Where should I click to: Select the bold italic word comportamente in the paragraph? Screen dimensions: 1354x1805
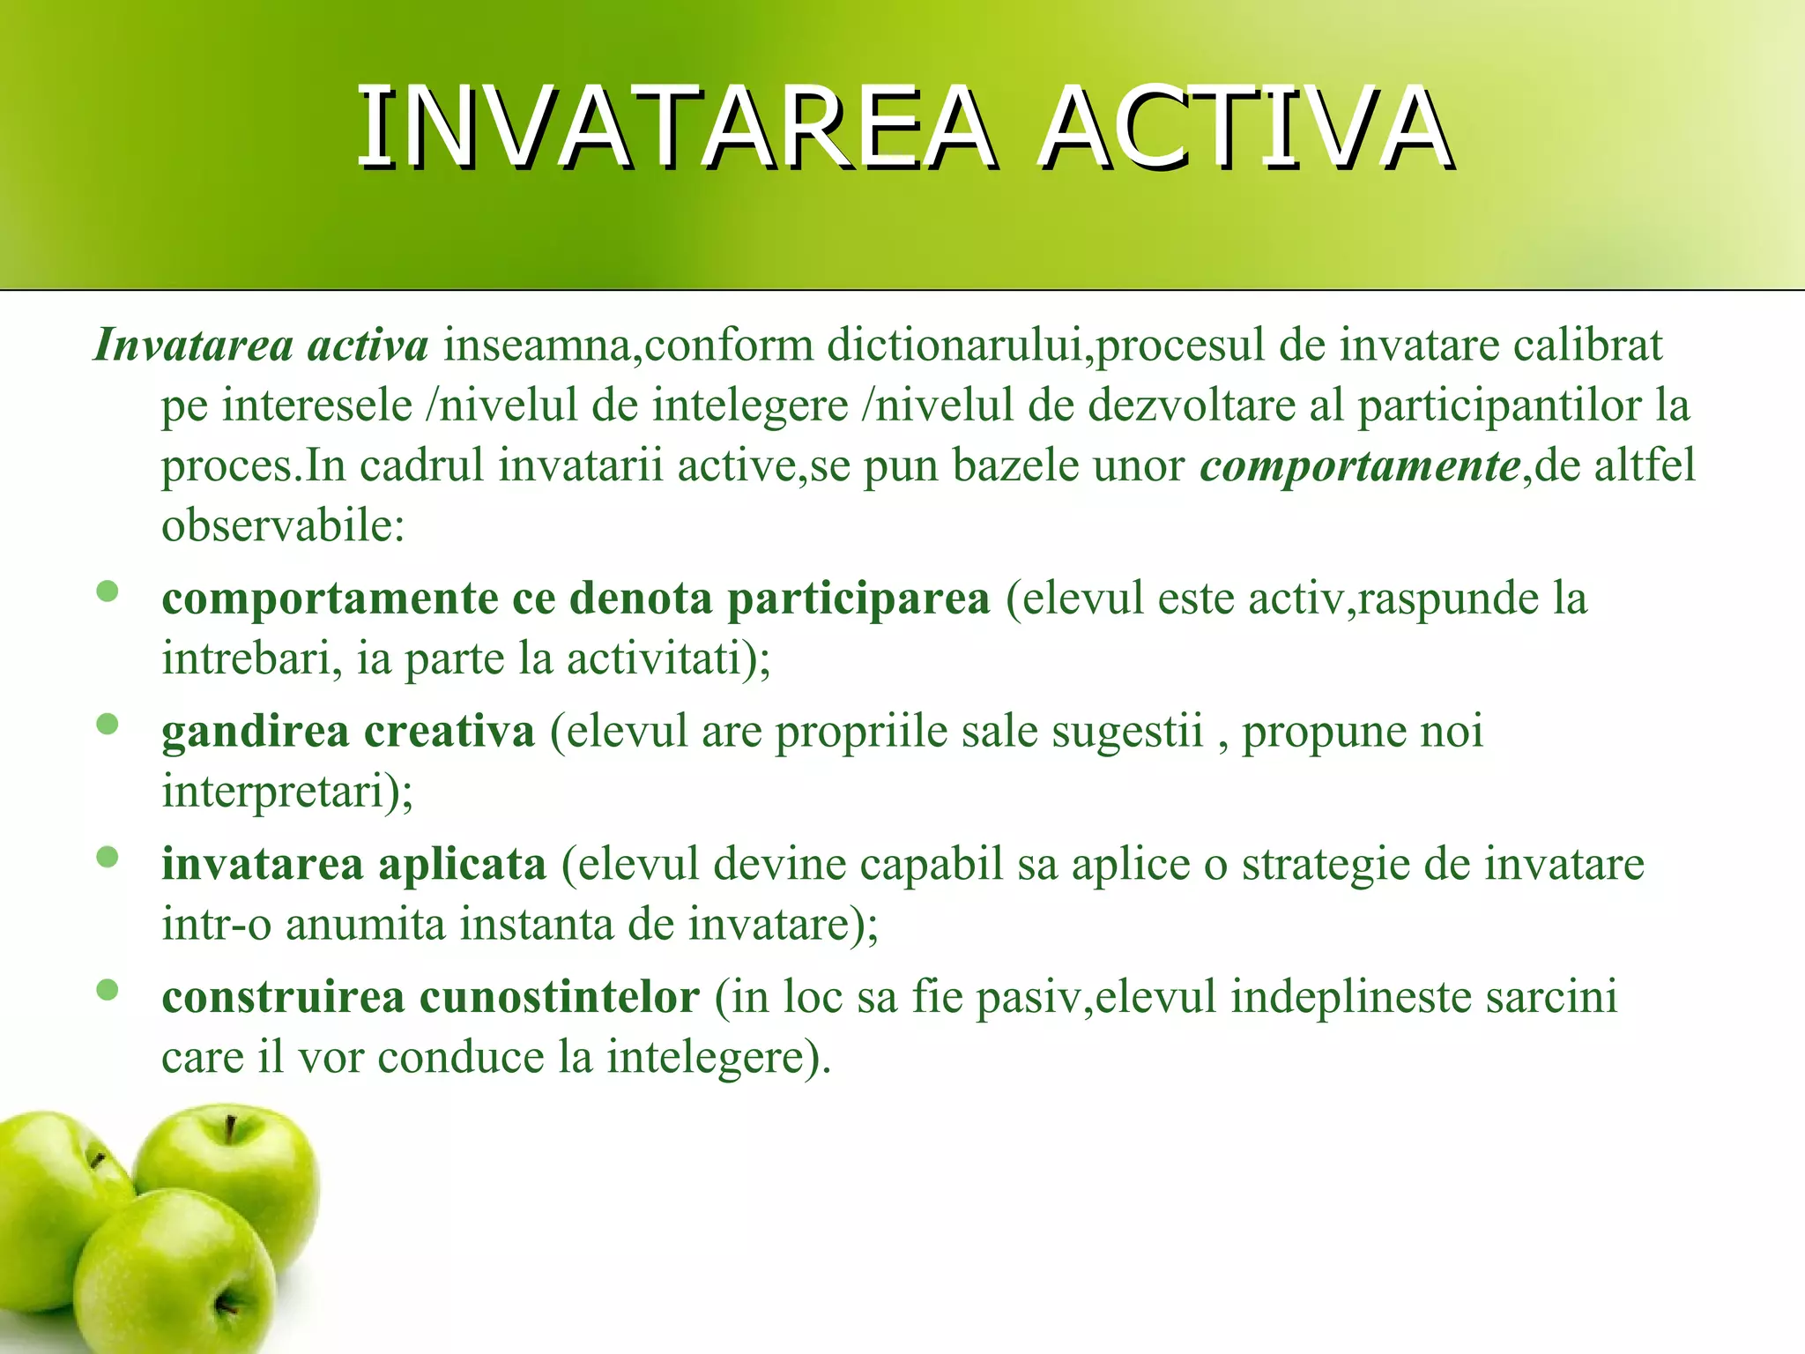coord(1360,465)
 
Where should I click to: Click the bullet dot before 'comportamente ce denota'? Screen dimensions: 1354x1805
coord(108,591)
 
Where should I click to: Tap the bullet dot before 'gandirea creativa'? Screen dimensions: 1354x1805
coord(108,725)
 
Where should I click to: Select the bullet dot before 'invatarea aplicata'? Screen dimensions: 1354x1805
coord(108,857)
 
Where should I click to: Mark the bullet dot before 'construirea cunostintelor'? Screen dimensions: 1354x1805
coord(108,990)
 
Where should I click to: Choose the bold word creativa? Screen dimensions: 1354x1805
coord(449,732)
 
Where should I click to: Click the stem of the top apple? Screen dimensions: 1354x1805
coord(230,1129)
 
